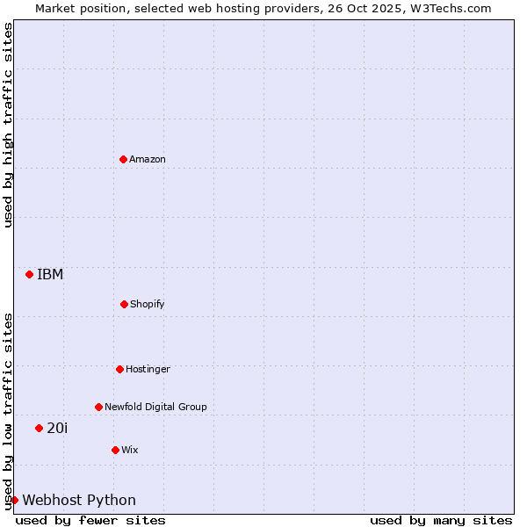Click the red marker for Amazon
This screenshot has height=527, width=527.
point(123,159)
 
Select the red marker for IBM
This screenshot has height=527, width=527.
point(29,274)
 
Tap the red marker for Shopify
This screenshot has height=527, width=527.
point(124,304)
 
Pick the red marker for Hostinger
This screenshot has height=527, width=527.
point(119,369)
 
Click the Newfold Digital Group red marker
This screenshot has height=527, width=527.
point(98,407)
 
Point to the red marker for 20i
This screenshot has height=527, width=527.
point(39,428)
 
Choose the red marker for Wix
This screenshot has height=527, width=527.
point(115,450)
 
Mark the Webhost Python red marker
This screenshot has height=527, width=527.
point(14,500)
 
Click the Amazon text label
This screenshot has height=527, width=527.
point(148,159)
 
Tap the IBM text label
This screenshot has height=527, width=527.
point(50,274)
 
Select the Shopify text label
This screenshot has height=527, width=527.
point(148,304)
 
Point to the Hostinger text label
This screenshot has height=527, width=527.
point(148,369)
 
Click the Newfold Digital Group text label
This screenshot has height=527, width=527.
point(155,407)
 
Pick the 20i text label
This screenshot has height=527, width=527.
point(57,428)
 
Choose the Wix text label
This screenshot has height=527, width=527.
point(130,450)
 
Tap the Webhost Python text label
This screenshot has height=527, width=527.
point(79,500)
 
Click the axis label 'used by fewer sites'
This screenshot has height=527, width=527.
point(90,520)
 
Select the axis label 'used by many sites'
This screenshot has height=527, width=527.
point(441,520)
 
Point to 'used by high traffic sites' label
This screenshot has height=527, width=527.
point(8,125)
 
